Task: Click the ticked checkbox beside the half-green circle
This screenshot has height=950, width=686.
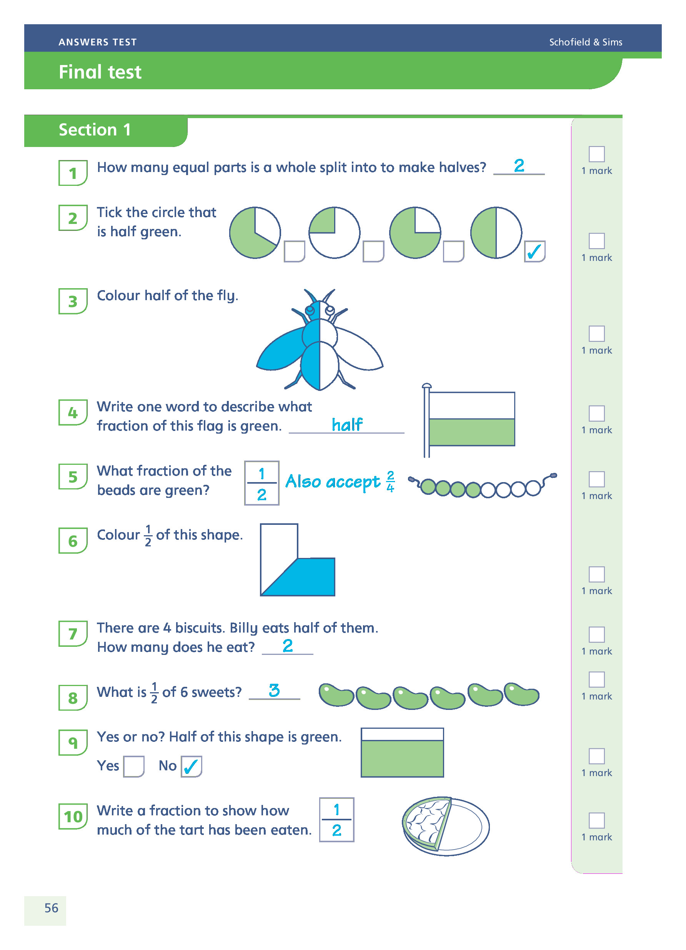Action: pyautogui.click(x=534, y=251)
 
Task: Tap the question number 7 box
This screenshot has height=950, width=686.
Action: pyautogui.click(x=73, y=633)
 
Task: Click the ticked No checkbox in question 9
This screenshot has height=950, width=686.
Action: pyautogui.click(x=191, y=766)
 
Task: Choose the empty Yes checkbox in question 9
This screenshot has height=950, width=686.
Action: pyautogui.click(x=134, y=766)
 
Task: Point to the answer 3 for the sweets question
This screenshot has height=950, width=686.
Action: pyautogui.click(x=274, y=690)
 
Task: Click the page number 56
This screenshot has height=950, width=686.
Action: pyautogui.click(x=51, y=908)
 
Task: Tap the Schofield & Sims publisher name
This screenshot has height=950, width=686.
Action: pyautogui.click(x=585, y=42)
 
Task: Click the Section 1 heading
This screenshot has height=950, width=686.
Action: pyautogui.click(x=95, y=130)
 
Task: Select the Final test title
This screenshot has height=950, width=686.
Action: pyautogui.click(x=100, y=72)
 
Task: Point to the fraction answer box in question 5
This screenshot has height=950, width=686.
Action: pyautogui.click(x=261, y=483)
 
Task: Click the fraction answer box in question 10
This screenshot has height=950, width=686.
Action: pyautogui.click(x=336, y=820)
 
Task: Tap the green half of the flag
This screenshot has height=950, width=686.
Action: pyautogui.click(x=472, y=432)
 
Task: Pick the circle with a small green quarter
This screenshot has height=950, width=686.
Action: pyautogui.click(x=334, y=232)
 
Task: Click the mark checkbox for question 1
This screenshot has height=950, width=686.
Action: pyautogui.click(x=596, y=154)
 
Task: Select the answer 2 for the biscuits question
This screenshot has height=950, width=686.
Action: pyautogui.click(x=288, y=646)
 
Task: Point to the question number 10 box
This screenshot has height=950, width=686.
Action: pyautogui.click(x=73, y=816)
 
